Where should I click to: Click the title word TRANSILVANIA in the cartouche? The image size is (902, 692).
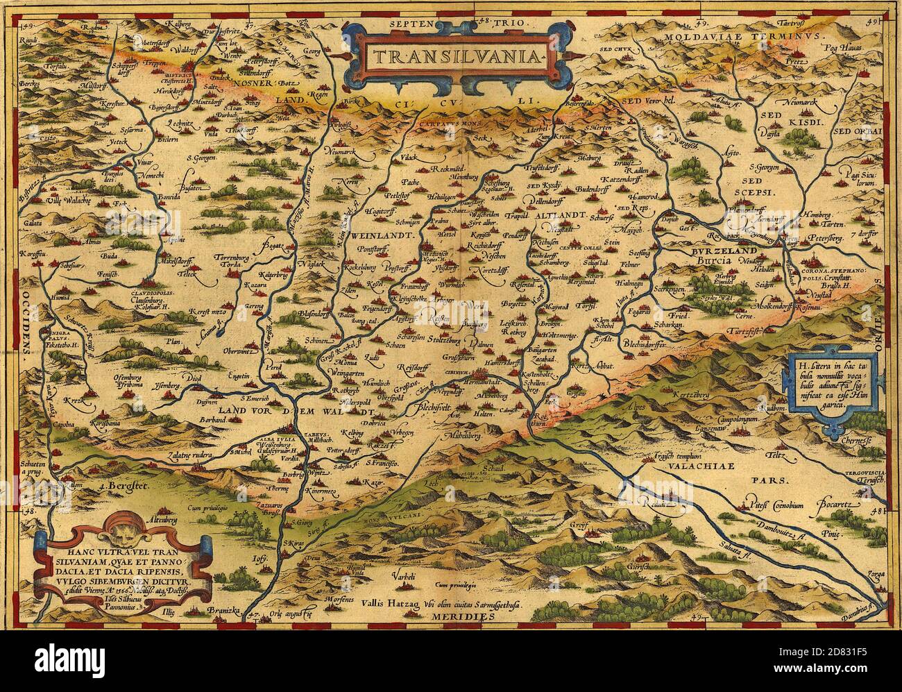point(452,56)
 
